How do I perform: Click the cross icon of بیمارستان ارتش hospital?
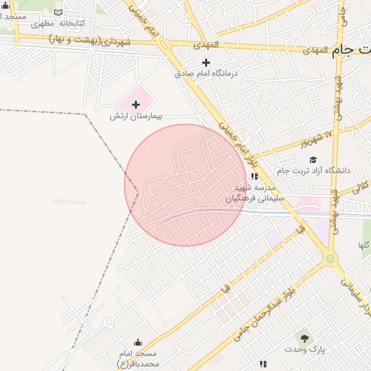click(136, 105)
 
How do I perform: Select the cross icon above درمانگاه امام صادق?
click(206, 63)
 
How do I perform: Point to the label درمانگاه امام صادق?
click(207, 73)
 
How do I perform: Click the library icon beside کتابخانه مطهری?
click(58, 12)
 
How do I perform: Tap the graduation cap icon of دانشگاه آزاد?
click(313, 159)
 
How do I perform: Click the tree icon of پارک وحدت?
click(304, 337)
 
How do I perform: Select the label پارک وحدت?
click(305, 349)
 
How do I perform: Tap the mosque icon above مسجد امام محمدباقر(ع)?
click(138, 343)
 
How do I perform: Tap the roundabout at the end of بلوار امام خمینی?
click(330, 258)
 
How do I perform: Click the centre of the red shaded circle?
click(185, 185)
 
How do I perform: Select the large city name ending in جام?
click(351, 51)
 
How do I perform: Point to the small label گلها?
click(363, 246)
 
